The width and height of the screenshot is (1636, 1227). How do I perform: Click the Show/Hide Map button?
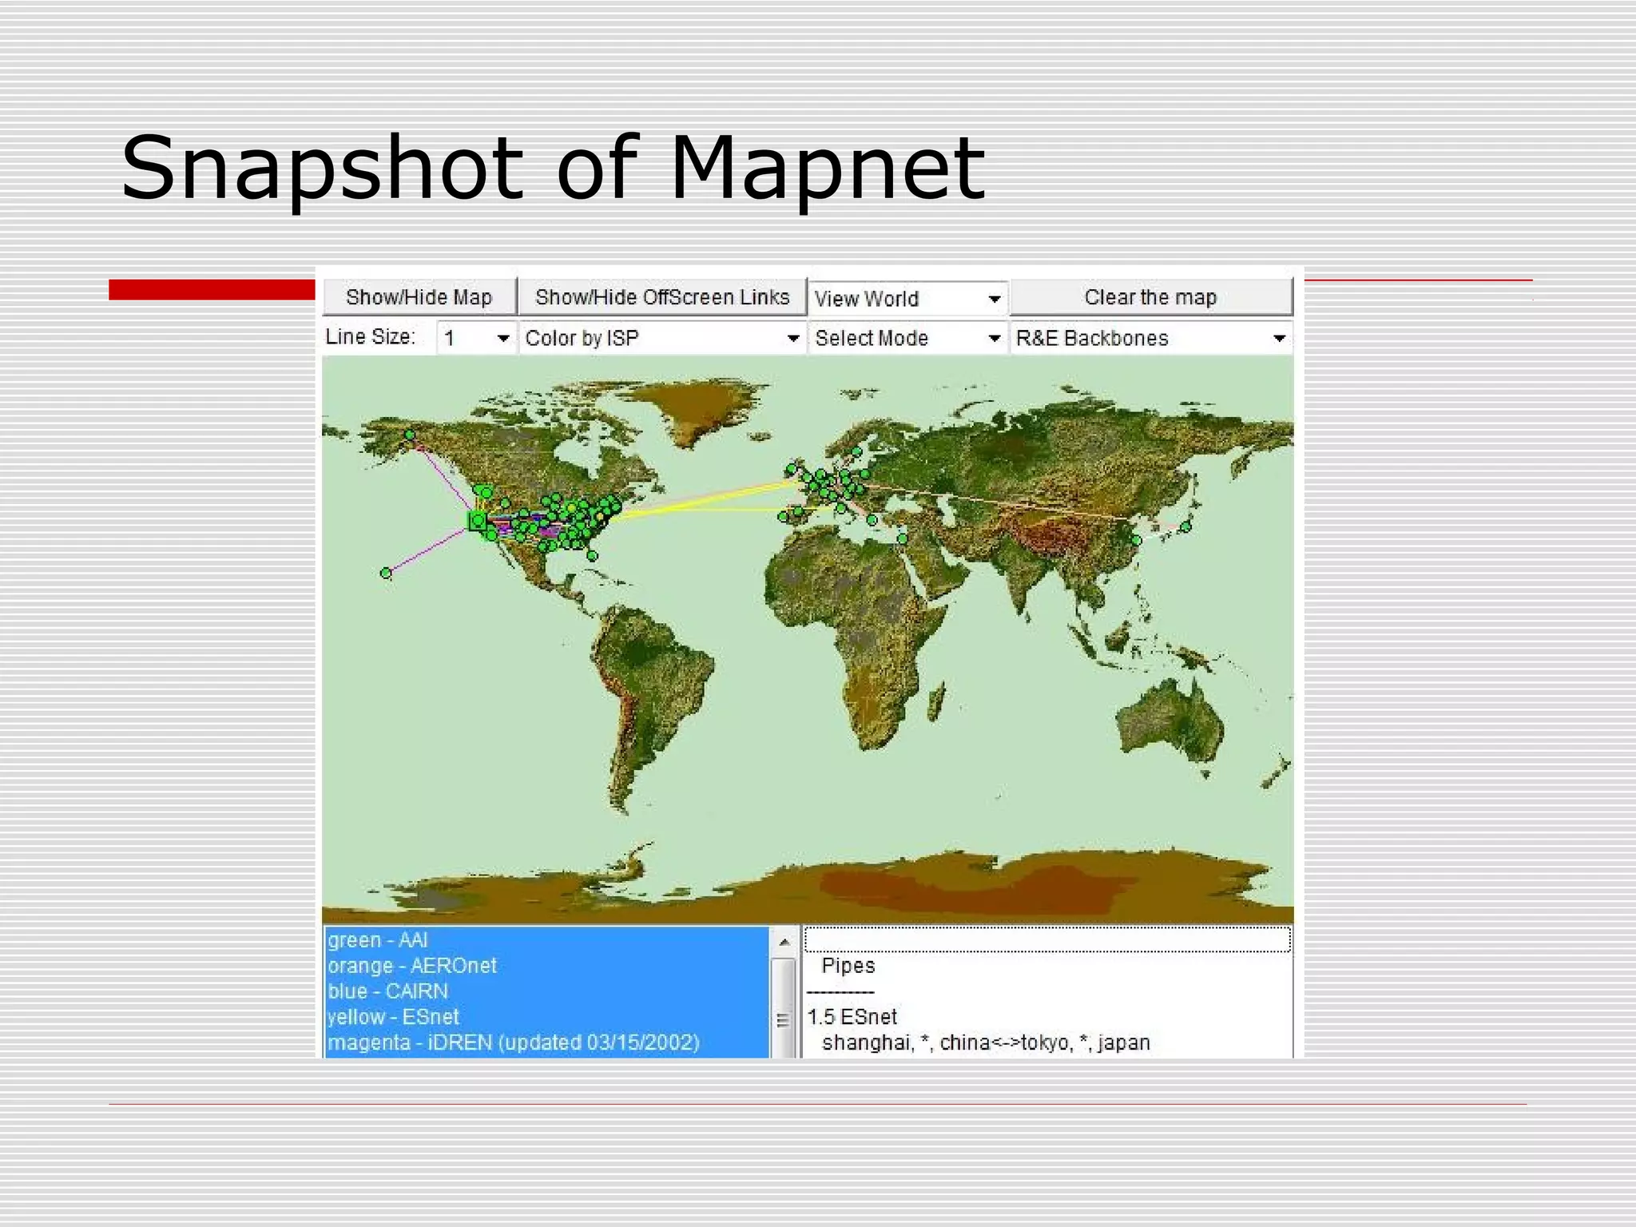[419, 297]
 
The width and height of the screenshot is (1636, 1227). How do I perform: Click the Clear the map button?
[1150, 297]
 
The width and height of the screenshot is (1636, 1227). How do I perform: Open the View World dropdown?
[907, 299]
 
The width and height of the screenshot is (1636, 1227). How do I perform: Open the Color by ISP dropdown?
[661, 338]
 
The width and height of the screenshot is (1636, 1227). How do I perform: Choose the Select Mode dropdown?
[907, 338]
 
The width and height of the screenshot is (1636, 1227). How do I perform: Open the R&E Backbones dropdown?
[1150, 338]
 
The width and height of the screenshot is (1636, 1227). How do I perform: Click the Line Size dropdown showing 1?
[476, 338]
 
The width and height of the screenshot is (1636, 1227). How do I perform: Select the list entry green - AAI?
[378, 940]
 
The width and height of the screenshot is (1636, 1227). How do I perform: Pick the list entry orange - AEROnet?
[412, 966]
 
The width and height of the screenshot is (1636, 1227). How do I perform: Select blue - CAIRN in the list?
[388, 991]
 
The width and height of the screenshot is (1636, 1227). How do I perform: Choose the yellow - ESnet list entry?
[393, 1017]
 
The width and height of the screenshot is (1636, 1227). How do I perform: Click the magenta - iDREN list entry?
[513, 1042]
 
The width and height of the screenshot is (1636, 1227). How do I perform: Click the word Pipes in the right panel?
[848, 966]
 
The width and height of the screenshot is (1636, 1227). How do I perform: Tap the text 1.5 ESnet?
[852, 1017]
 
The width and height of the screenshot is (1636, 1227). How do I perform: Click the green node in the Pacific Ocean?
[387, 573]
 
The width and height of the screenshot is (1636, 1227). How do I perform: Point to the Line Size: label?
[370, 337]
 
